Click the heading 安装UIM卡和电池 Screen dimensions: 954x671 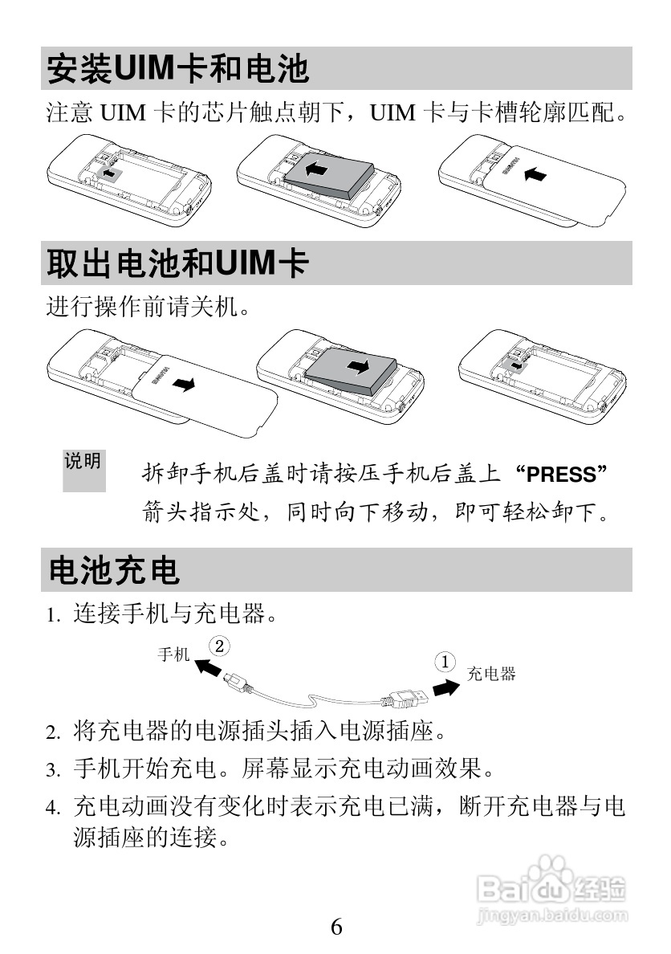(177, 68)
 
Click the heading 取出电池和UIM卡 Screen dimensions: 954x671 (177, 263)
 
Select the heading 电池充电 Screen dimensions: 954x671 (114, 570)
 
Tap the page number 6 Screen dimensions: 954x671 (336, 927)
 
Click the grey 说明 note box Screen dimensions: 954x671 (83, 470)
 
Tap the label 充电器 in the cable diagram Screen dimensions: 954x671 (491, 674)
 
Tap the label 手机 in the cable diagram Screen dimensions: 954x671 (173, 654)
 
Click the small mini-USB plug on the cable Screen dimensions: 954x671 (237, 681)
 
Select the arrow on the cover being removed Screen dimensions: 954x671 (184, 385)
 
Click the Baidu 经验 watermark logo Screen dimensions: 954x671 (551, 889)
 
